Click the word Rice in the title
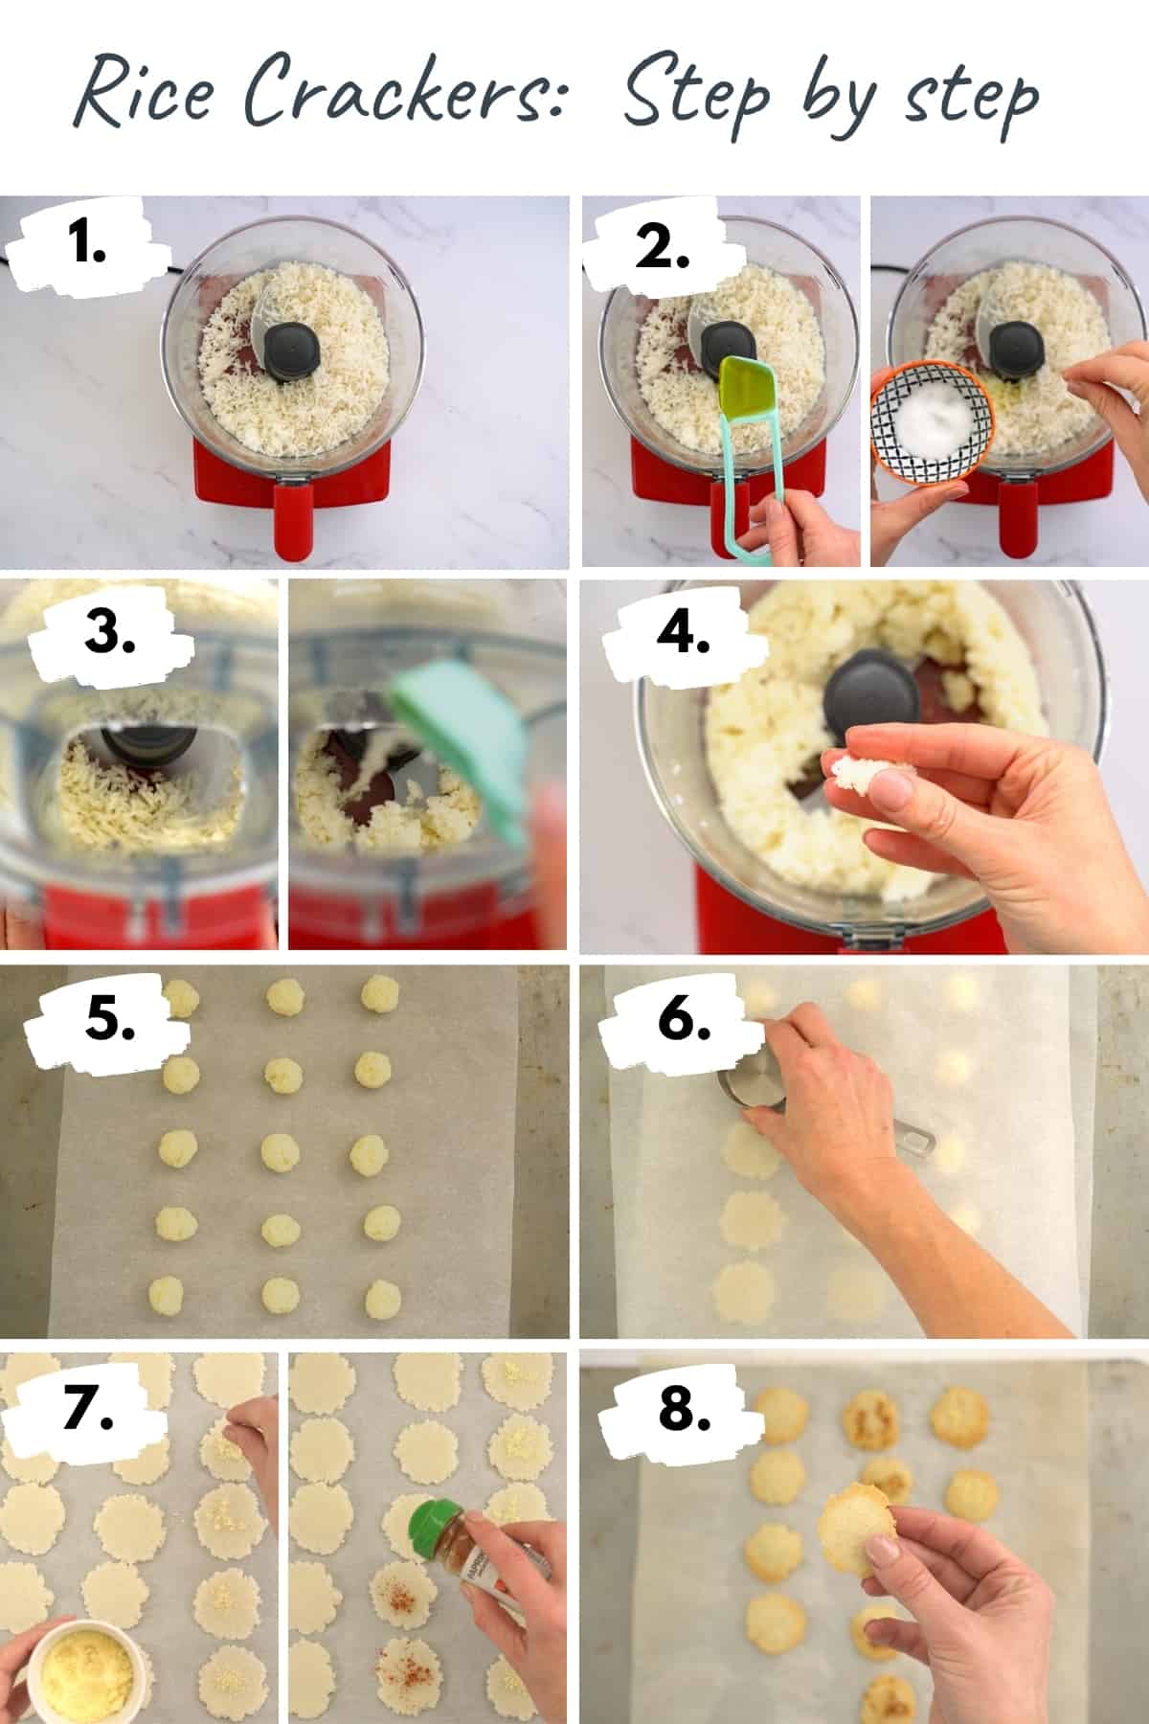pos(144,96)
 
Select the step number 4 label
pos(683,632)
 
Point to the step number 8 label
pos(683,1408)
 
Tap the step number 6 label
pos(683,1020)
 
